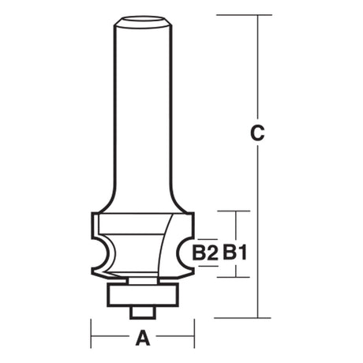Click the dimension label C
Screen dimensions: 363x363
tap(257, 133)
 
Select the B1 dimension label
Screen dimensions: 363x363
tap(235, 253)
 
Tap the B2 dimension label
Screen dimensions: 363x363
tap(205, 253)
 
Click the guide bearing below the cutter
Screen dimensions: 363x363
tap(143, 294)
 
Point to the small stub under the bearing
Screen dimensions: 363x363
tap(143, 312)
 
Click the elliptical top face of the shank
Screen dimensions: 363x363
tap(143, 19)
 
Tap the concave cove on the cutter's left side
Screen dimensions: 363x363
tap(105, 254)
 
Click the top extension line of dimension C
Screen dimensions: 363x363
tap(244, 15)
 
